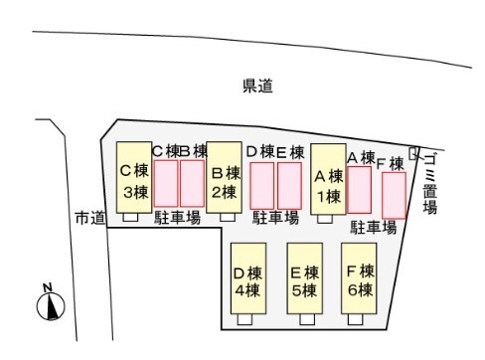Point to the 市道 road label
pos(88,218)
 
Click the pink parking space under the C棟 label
pos(165,183)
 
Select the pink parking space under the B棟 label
pos(192,183)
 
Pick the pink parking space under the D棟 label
pos(261,185)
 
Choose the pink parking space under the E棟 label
pos(289,185)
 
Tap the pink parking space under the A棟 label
pos(359,189)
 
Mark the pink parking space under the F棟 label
pos(395,195)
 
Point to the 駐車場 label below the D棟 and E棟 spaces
pos(275,218)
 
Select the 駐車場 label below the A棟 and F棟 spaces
pos(374,227)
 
